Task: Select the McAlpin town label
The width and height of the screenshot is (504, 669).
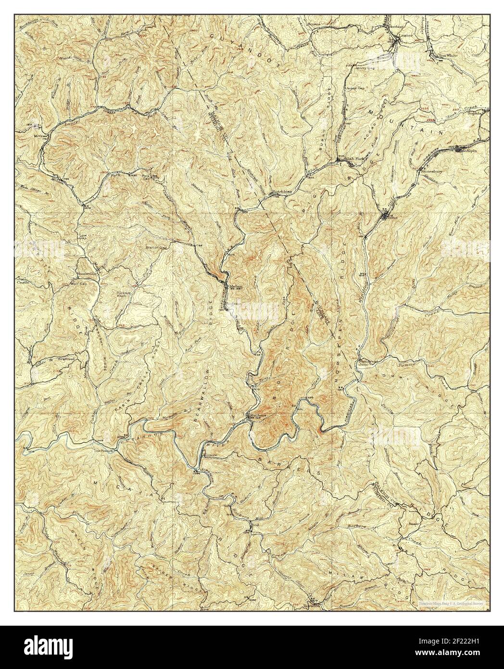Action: point(468,151)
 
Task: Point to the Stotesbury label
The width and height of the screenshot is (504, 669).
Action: point(432,170)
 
